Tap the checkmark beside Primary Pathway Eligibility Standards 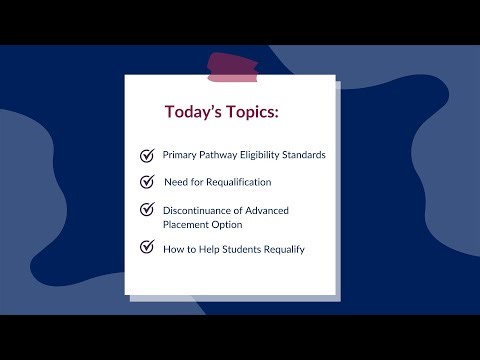click(147, 155)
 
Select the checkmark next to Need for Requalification click(147, 182)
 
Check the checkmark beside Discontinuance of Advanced click(147, 210)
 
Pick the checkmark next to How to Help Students click(147, 246)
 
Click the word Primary click(182, 155)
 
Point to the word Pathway click(224, 155)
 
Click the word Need click(177, 182)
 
